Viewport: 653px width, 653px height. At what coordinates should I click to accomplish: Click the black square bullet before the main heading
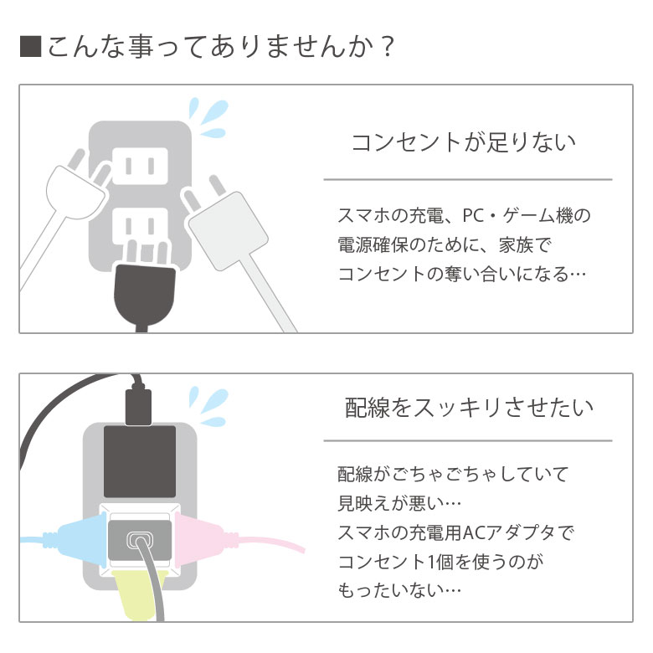(30, 46)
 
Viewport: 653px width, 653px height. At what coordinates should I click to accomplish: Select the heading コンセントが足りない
(464, 142)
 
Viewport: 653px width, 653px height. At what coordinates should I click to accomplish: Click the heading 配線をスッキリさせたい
(469, 407)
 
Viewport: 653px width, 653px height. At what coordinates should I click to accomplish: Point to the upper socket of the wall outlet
(140, 166)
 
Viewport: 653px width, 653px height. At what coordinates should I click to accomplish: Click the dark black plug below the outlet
(145, 296)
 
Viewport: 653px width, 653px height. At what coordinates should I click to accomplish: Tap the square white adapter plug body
(228, 232)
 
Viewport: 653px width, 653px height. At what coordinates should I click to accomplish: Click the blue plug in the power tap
(80, 540)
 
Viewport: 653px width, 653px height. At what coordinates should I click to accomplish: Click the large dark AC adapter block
(140, 461)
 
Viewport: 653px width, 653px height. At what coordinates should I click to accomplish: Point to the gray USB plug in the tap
(140, 540)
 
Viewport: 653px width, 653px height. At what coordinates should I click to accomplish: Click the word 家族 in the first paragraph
(516, 244)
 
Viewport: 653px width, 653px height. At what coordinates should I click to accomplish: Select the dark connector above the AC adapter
(138, 406)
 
